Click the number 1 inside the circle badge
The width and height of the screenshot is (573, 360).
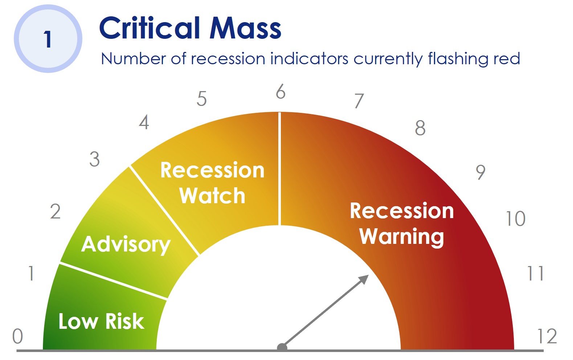pos(48,39)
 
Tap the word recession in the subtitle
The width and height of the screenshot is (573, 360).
pos(228,58)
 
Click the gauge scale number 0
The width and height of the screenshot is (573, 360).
pos(18,336)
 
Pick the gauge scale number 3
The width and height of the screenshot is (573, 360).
pos(94,159)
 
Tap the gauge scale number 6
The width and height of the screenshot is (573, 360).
pos(281,91)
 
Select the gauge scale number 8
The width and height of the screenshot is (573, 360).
pos(420,128)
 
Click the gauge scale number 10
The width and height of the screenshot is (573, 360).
pos(516,219)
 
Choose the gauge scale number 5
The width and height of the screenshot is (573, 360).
pos(201,99)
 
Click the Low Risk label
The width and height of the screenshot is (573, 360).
pos(101,321)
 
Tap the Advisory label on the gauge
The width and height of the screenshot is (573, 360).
pos(126,245)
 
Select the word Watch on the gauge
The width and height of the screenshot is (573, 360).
pos(212,196)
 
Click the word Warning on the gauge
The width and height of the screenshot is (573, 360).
pos(402,237)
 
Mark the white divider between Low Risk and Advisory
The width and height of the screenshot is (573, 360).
pos(113,281)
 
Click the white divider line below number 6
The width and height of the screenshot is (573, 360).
pos(279,169)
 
